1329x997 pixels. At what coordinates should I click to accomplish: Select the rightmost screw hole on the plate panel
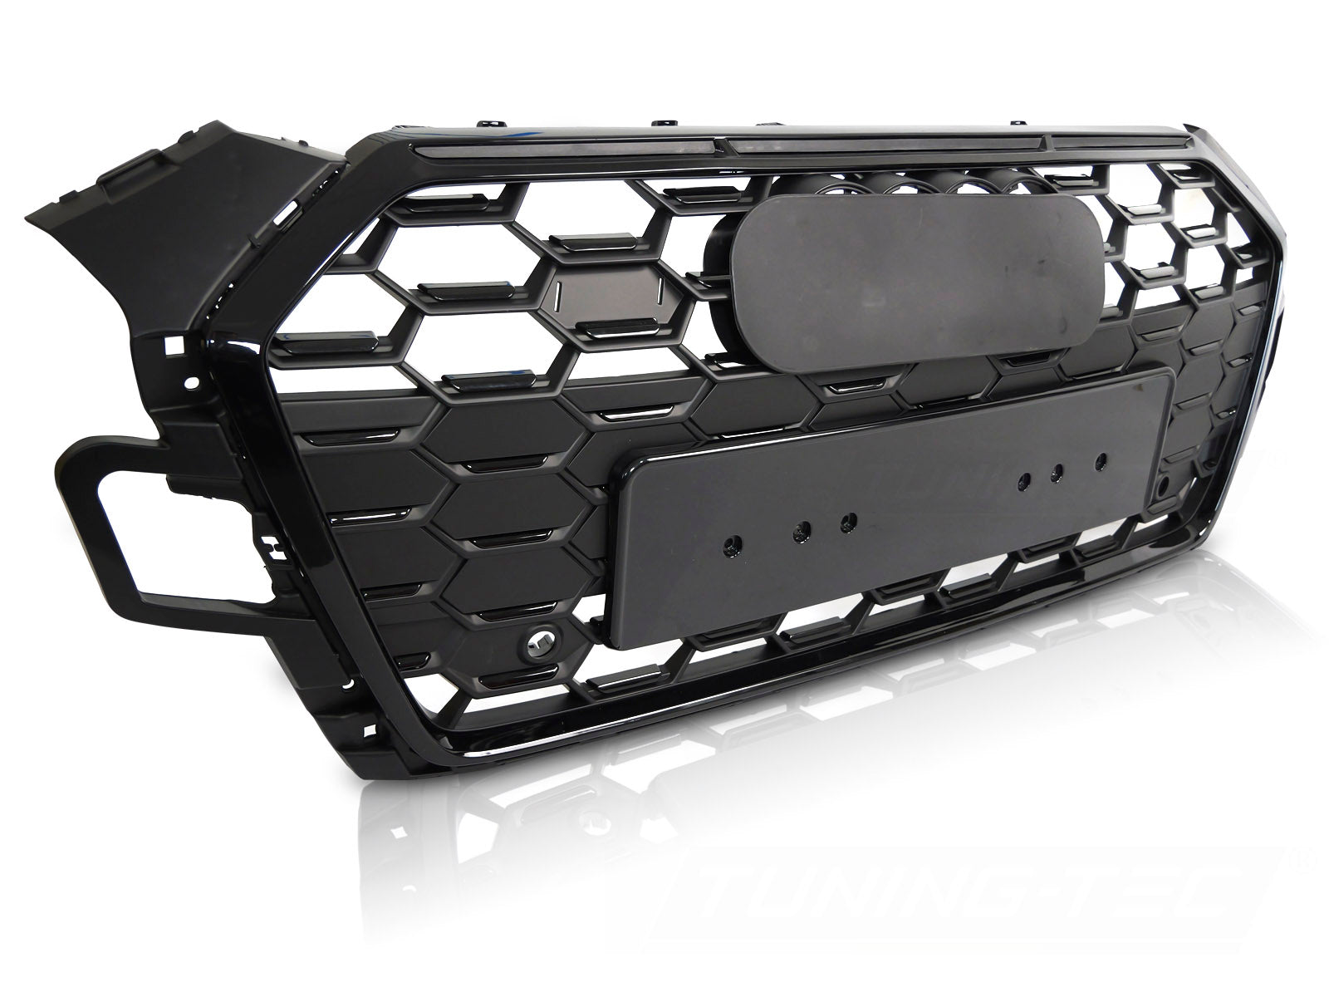tap(1102, 459)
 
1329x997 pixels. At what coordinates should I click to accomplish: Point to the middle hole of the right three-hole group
tap(1057, 470)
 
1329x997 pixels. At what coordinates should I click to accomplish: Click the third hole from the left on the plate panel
tap(848, 521)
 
